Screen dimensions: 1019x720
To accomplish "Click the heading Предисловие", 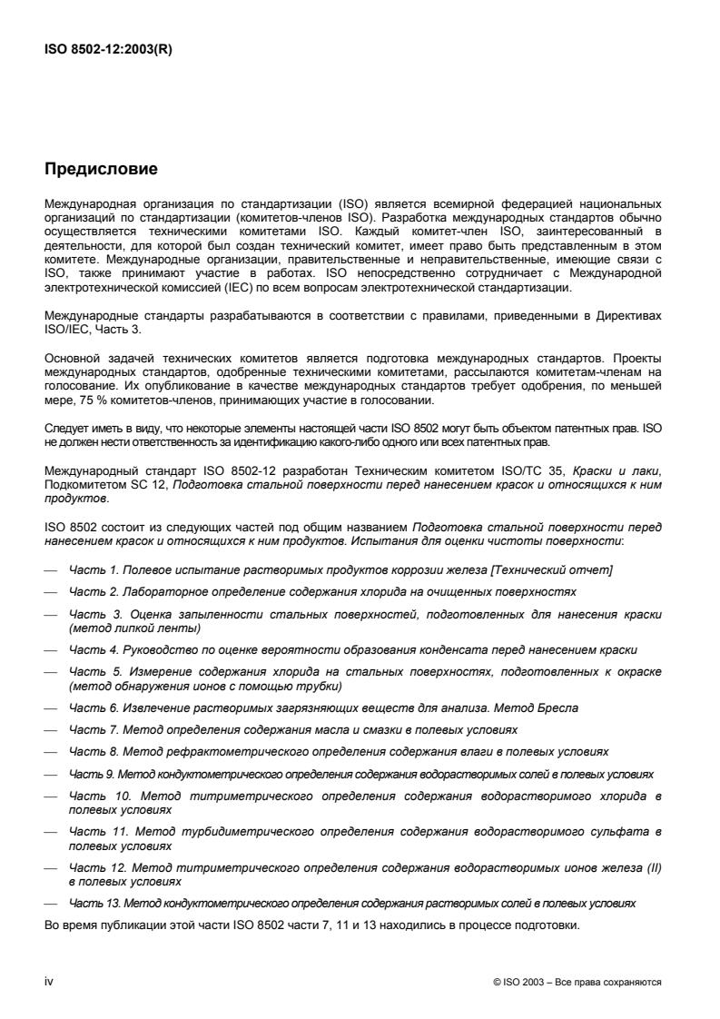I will (101, 169).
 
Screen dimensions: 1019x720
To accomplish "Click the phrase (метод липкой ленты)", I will (135, 628).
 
